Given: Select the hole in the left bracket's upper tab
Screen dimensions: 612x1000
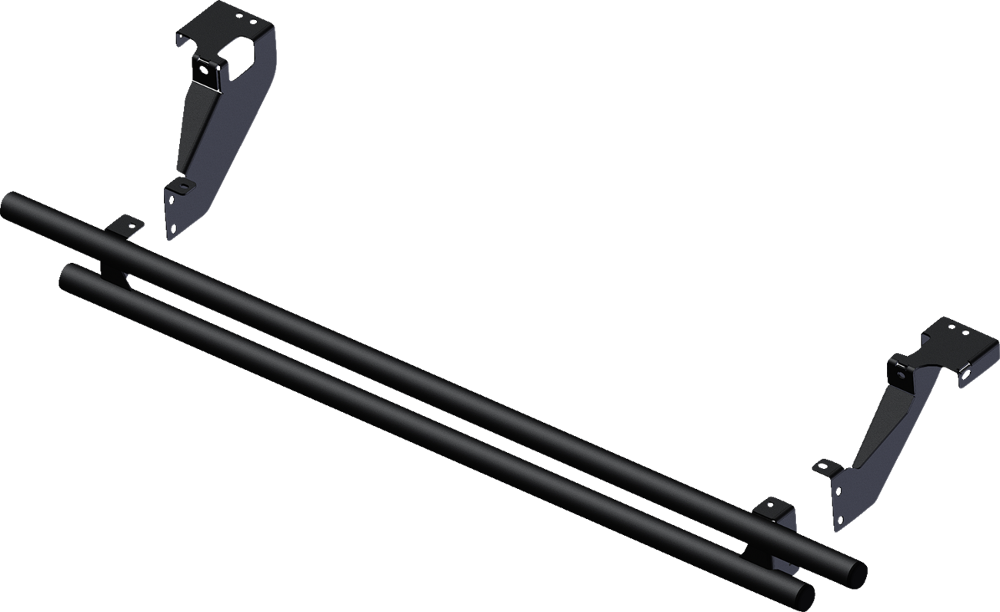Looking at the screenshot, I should [x=203, y=68].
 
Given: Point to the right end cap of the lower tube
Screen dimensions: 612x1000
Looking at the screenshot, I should [x=804, y=597].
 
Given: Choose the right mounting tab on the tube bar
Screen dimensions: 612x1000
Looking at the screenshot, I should [x=774, y=507].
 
